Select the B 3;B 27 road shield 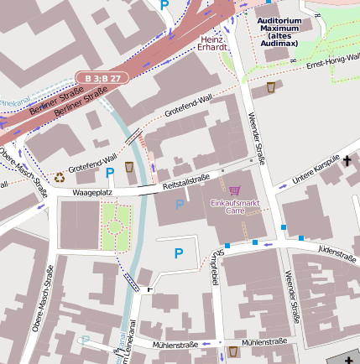(102, 77)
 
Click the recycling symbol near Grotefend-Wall (60, 177)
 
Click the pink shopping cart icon (234, 190)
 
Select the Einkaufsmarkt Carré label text (234, 206)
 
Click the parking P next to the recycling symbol (109, 173)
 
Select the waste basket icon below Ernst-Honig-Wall (273, 86)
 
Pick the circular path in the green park (115, 226)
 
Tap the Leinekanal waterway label (128, 346)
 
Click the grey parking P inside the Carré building (179, 204)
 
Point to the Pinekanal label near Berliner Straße (13, 101)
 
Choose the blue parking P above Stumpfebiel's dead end (178, 252)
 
